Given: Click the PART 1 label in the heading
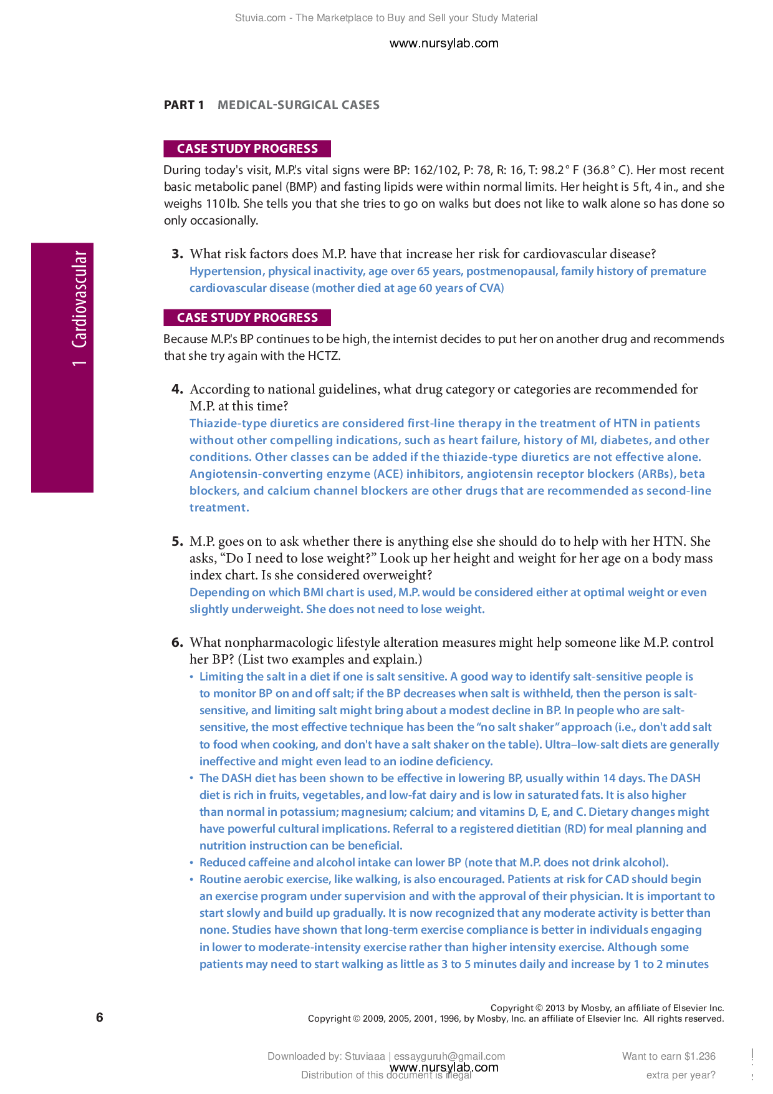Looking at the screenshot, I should click(x=183, y=105).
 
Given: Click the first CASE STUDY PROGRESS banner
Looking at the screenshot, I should click(x=247, y=148).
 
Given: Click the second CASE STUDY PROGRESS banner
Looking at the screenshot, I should click(x=247, y=317).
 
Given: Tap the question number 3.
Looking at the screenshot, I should click(x=177, y=254).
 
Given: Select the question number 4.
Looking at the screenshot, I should click(x=177, y=389).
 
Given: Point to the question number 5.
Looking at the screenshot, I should click(x=177, y=541).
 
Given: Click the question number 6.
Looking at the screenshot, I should click(x=177, y=642).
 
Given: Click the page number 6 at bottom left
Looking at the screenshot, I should click(x=100, y=1017).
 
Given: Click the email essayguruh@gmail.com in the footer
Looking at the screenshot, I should click(x=449, y=1056).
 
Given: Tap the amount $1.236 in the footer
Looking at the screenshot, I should click(x=699, y=1056).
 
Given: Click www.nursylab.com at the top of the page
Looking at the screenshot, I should click(x=443, y=43).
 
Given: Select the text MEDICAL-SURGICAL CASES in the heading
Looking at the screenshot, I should click(x=298, y=105).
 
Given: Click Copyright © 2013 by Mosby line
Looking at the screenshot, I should click(x=607, y=1007).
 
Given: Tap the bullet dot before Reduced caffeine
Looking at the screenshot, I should click(x=192, y=863).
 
